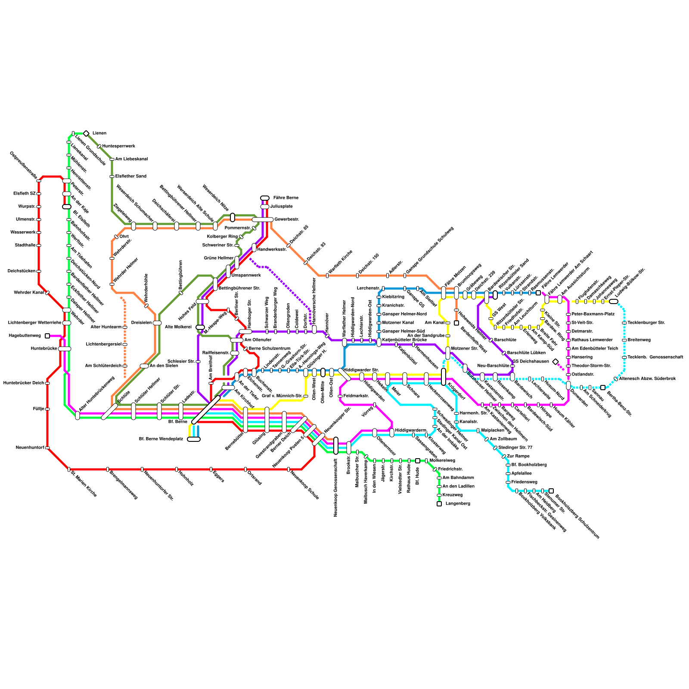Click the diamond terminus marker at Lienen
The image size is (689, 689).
click(x=86, y=133)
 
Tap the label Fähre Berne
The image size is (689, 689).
click(x=286, y=198)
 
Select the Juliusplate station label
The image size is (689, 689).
click(x=284, y=207)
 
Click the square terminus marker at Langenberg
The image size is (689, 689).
click(x=439, y=504)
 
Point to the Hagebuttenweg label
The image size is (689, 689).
click(x=25, y=336)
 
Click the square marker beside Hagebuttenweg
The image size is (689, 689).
click(x=47, y=336)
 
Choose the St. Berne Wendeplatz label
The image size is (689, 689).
click(x=161, y=439)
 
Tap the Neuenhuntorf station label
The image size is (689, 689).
click(x=30, y=448)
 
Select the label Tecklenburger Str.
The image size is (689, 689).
click(x=646, y=323)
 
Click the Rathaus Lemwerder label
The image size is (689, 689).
click(x=592, y=340)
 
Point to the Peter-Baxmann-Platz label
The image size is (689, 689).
click(x=593, y=314)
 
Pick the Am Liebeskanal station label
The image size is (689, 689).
click(x=131, y=159)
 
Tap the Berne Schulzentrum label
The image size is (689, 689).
click(x=269, y=349)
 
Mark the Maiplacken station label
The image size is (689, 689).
click(x=493, y=431)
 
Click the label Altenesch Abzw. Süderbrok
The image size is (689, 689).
click(x=647, y=379)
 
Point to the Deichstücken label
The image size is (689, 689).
click(x=22, y=271)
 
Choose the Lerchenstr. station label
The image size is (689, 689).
click(x=368, y=289)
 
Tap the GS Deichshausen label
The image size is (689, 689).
click(x=531, y=362)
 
